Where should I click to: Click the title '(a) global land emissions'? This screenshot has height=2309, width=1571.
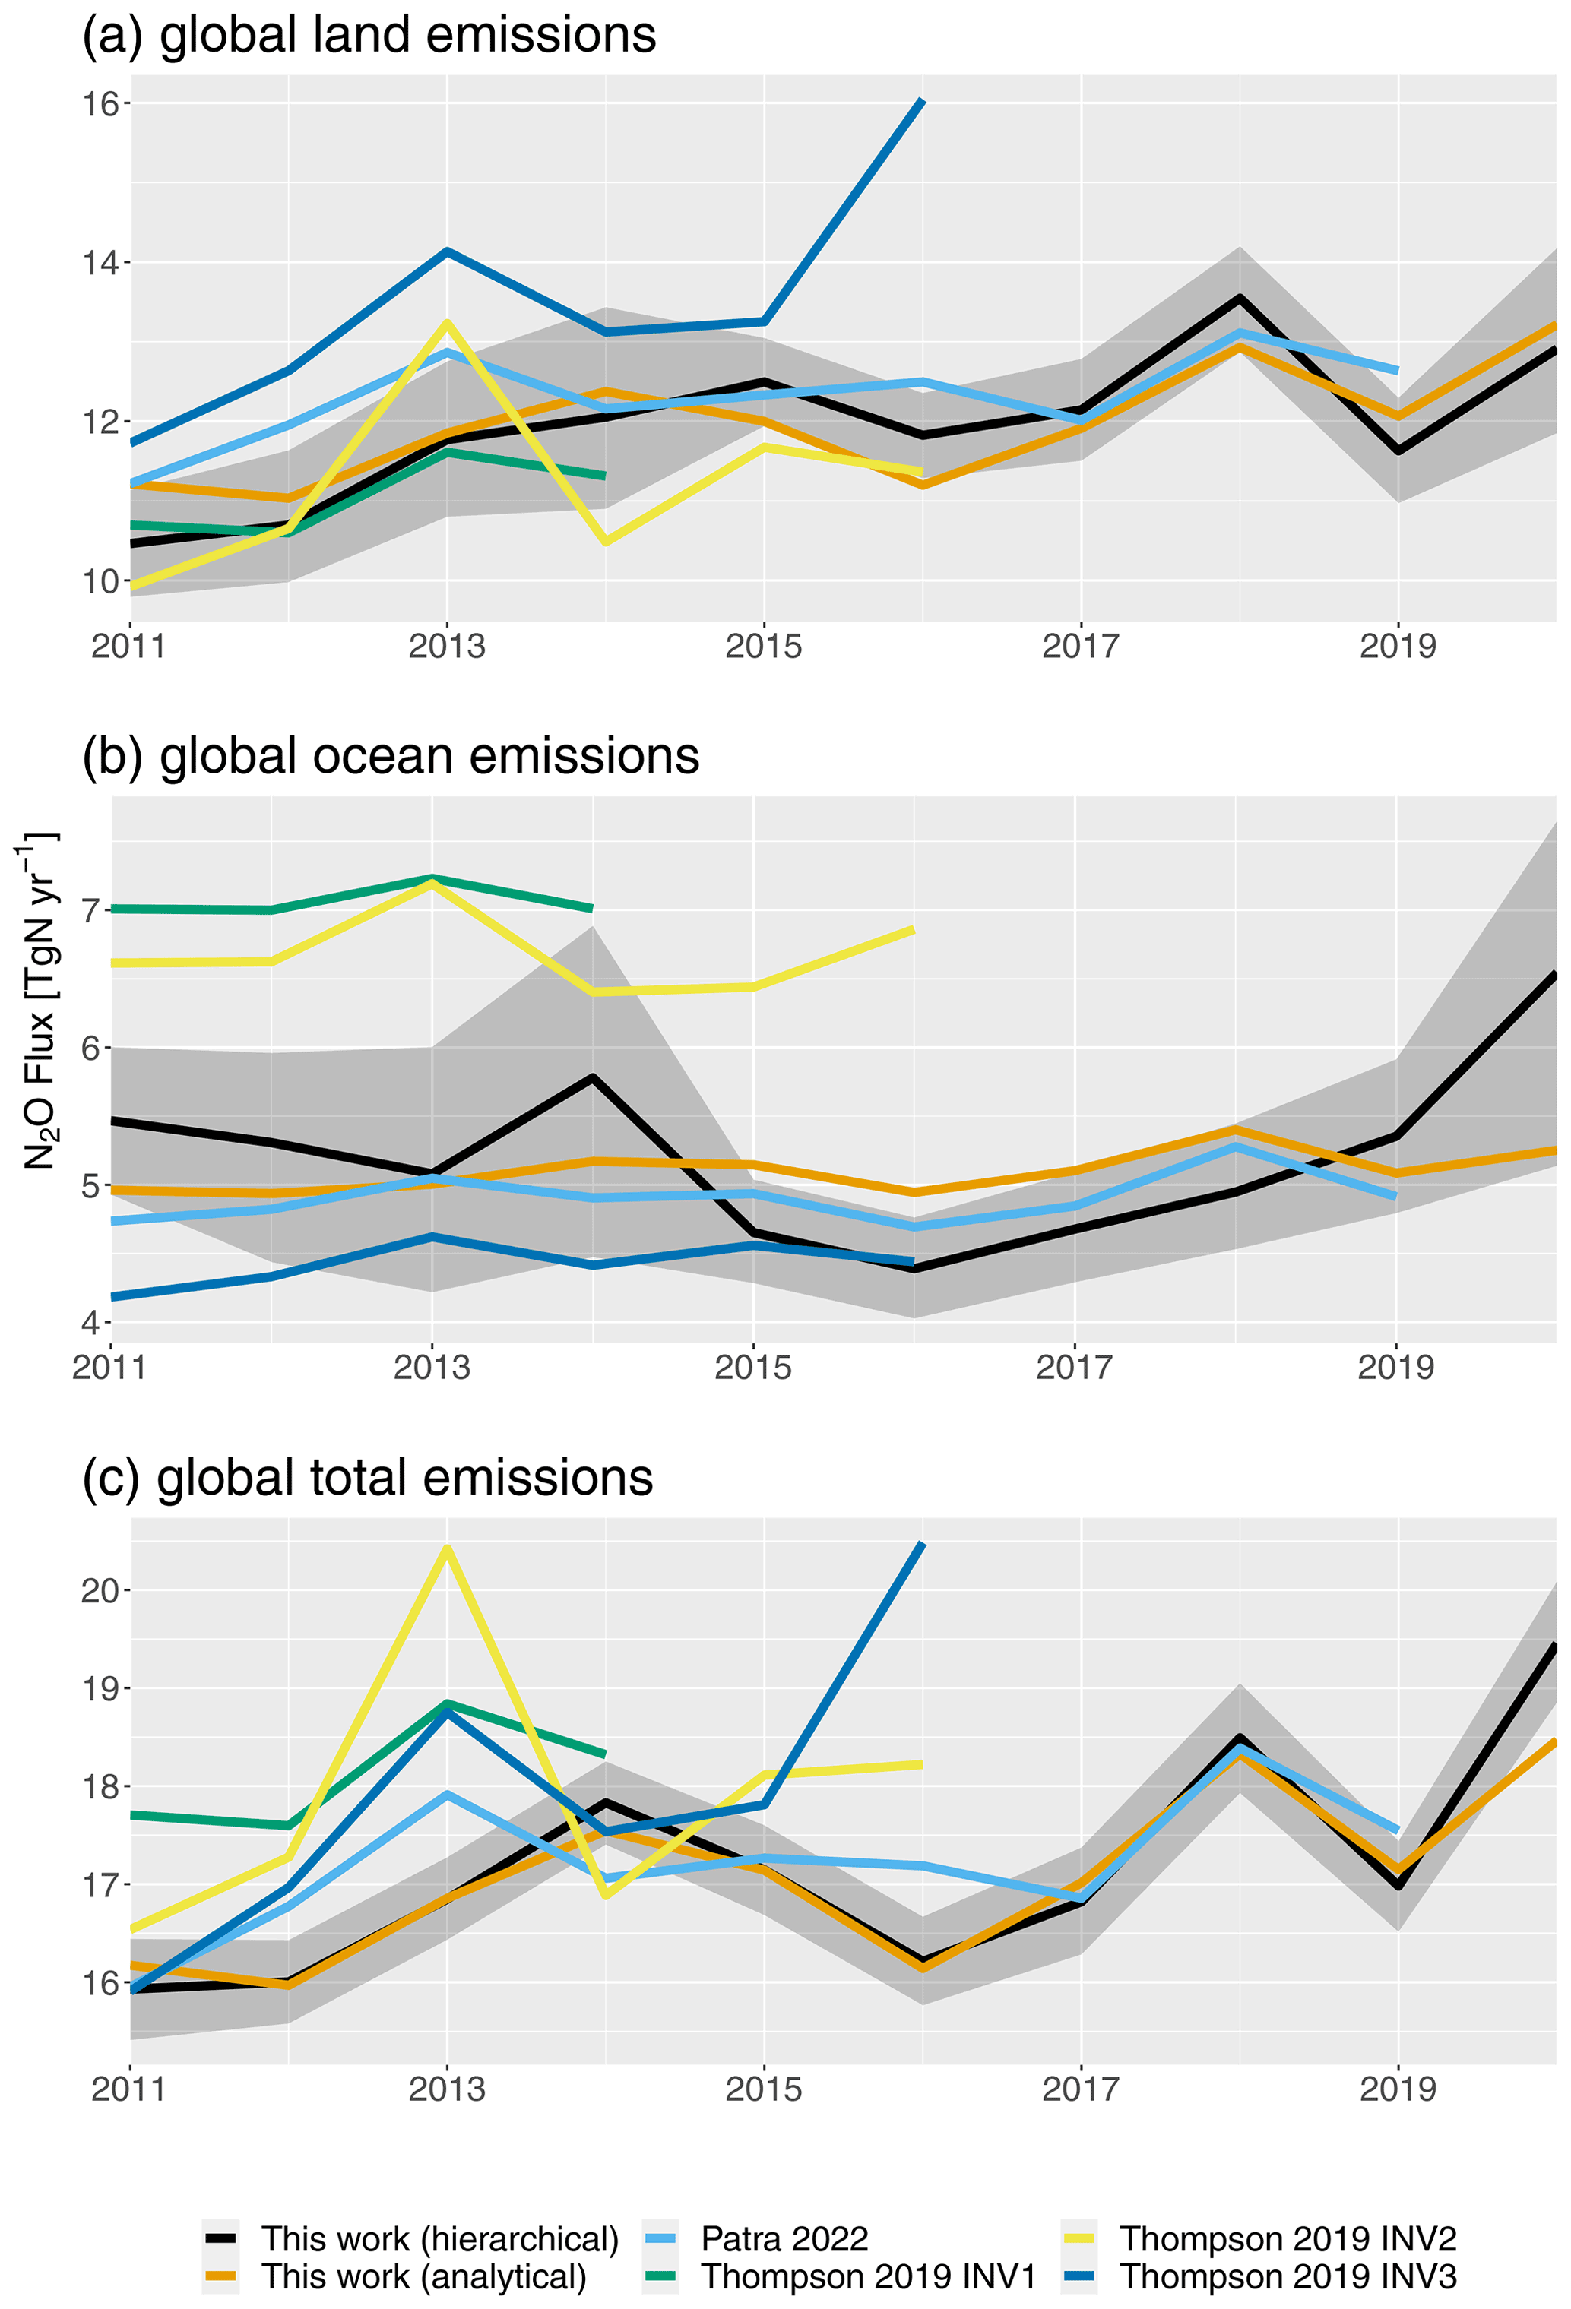pyautogui.click(x=369, y=35)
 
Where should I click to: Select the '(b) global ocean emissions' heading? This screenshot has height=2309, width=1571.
pyautogui.click(x=391, y=756)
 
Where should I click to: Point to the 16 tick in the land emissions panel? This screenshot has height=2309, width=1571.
pyautogui.click(x=100, y=103)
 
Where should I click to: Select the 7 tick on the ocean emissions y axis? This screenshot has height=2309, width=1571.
pyautogui.click(x=91, y=909)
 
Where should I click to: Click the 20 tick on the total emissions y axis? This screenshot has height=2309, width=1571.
pyautogui.click(x=100, y=1591)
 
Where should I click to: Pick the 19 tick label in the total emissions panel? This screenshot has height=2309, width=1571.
pyautogui.click(x=100, y=1689)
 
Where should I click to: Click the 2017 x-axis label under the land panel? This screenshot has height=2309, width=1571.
pyautogui.click(x=1080, y=647)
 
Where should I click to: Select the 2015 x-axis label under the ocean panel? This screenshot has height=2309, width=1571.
pyautogui.click(x=753, y=1368)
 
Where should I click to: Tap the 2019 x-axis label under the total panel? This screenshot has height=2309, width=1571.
pyautogui.click(x=1397, y=2089)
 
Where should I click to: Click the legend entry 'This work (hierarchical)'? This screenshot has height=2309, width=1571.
pyautogui.click(x=439, y=2238)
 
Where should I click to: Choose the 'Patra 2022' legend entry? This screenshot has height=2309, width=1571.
pyautogui.click(x=784, y=2238)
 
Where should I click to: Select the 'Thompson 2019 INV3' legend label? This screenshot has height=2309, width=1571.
pyautogui.click(x=1288, y=2276)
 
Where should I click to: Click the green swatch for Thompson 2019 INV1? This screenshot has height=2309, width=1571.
pyautogui.click(x=660, y=2276)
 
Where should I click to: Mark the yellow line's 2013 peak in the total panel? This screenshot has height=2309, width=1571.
pyautogui.click(x=447, y=1548)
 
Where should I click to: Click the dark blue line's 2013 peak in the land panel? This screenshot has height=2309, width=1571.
pyautogui.click(x=447, y=251)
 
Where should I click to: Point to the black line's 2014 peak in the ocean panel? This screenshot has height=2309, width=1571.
pyautogui.click(x=592, y=1077)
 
